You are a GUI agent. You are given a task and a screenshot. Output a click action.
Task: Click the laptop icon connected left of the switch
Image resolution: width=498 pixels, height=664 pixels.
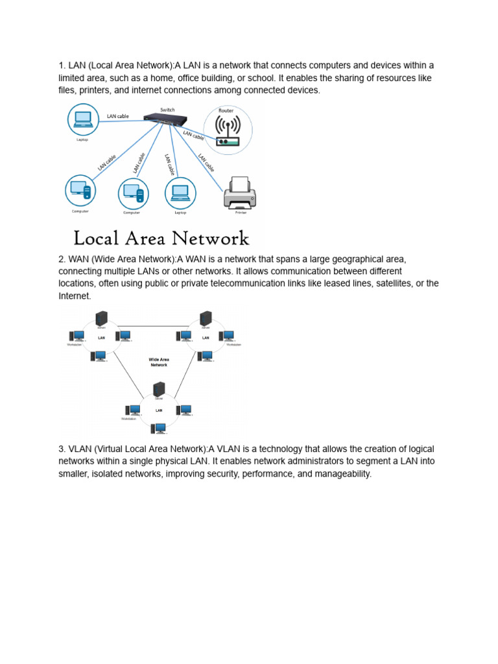pos(82,119)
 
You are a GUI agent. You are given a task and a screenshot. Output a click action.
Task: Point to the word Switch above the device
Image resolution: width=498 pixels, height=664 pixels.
pos(167,110)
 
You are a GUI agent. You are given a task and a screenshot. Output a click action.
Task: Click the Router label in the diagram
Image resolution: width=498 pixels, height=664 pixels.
pos(226,111)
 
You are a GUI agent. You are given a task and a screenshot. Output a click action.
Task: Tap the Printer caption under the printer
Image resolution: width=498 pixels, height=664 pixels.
pos(241,212)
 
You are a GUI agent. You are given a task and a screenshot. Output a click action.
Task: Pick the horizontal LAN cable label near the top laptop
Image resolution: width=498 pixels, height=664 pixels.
pos(118,116)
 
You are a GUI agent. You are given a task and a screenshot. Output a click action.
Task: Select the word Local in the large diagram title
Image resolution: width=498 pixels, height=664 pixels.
pos(97,238)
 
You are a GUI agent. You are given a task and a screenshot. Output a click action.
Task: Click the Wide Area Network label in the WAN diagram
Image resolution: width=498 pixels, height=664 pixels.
pos(159,362)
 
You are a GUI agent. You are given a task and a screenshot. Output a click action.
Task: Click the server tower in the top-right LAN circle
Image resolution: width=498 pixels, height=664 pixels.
pos(206,318)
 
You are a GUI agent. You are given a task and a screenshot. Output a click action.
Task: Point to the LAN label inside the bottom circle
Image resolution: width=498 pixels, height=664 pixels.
pos(159,410)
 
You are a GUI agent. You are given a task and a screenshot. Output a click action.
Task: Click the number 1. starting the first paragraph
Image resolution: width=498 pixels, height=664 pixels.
pos(62,65)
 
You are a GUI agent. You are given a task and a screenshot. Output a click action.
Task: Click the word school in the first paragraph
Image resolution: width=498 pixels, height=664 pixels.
pos(257,78)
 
